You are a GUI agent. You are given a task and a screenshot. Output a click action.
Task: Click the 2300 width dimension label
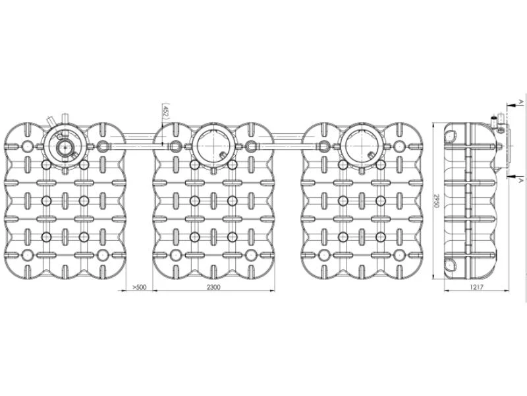click(213, 287)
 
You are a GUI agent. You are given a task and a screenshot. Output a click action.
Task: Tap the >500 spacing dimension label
click(140, 287)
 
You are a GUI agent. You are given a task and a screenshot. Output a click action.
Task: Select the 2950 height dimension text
click(436, 201)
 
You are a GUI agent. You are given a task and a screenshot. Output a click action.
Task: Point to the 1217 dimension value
click(476, 287)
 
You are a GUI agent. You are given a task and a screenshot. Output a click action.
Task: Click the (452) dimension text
click(165, 110)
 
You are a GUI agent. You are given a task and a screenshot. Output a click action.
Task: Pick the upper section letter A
click(520, 101)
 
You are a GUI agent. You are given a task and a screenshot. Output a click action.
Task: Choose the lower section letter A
click(520, 180)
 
